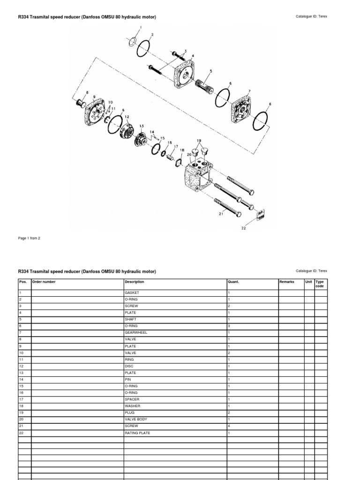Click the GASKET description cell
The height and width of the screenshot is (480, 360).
pos(132,293)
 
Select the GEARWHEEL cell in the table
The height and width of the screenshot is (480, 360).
pos(136,332)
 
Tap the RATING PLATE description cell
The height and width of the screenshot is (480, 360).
pos(138,433)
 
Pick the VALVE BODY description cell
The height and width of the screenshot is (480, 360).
pos(136,419)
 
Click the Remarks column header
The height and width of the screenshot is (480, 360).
pos(286,282)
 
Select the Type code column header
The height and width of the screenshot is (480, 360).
pos(320,284)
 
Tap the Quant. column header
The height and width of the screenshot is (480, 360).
pos(233,282)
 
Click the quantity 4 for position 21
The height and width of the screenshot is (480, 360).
pos(229,426)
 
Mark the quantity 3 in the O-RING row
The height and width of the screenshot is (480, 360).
pos(229,326)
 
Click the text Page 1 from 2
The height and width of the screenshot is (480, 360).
pos(29,238)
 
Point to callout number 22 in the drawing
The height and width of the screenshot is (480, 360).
pos(243,228)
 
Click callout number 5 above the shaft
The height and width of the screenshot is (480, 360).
pos(210,71)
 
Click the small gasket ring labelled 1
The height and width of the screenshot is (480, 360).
pos(133,42)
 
